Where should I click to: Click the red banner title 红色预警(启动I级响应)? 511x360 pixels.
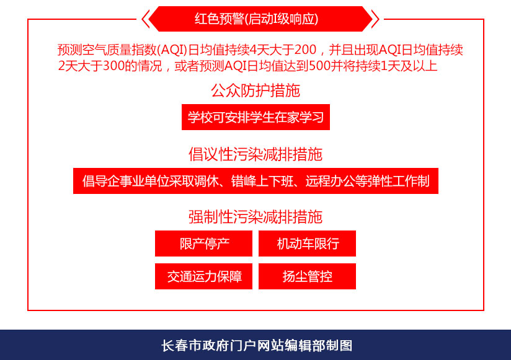(x=256, y=19)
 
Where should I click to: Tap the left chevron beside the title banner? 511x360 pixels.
(x=145, y=19)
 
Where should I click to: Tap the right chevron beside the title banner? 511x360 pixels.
(x=375, y=19)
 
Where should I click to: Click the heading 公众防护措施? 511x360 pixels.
(x=255, y=90)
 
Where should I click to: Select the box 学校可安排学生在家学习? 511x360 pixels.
(x=256, y=117)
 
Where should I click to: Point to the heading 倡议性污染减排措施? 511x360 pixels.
(x=255, y=154)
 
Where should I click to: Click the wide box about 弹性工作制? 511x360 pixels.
(x=256, y=181)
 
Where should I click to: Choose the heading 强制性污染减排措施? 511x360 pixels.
(x=255, y=217)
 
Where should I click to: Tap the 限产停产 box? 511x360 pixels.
(x=203, y=244)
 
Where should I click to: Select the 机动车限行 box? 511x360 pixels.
(x=308, y=244)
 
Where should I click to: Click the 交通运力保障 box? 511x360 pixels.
(x=203, y=276)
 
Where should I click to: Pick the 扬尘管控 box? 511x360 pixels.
(x=308, y=276)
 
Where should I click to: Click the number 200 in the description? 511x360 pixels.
(x=305, y=50)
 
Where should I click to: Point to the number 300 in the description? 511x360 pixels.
(x=113, y=66)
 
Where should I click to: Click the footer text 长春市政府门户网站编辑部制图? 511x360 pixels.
(x=257, y=346)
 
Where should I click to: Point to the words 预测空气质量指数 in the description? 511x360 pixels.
(x=107, y=50)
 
